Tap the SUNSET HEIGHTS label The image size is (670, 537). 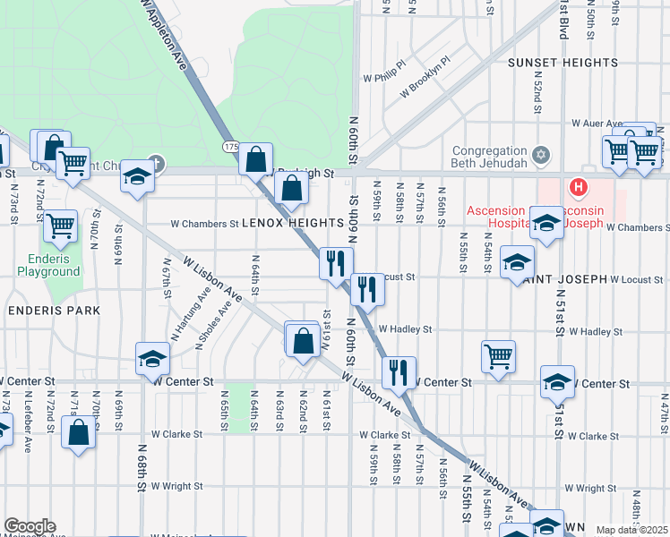point(563,63)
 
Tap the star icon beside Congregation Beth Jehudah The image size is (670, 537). point(539,156)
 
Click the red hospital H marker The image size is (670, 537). point(579,189)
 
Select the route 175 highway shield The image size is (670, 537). point(230,146)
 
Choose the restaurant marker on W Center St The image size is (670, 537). point(399,371)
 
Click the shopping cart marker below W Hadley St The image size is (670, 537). point(499,355)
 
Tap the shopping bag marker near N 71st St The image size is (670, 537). point(79,432)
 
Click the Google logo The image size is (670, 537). point(30,526)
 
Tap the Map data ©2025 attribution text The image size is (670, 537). point(631,530)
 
